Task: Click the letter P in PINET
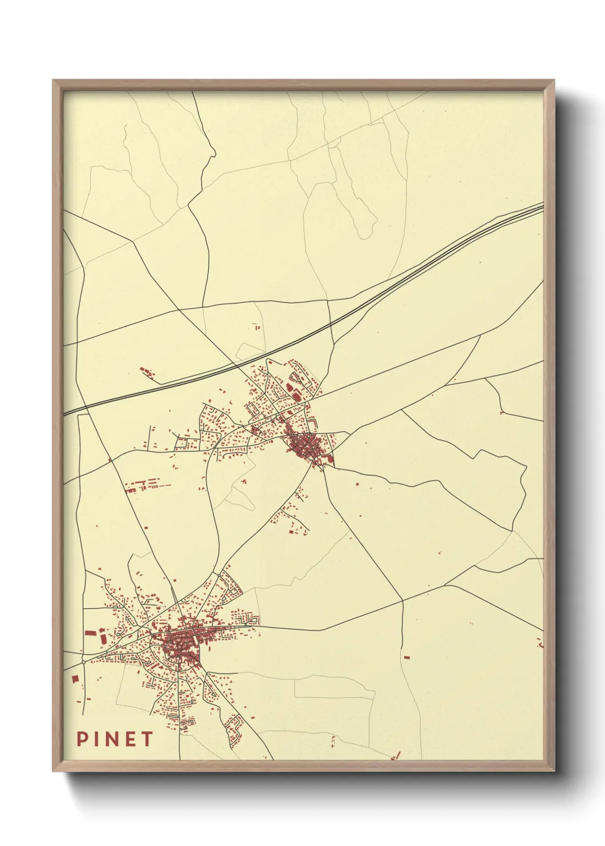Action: click(x=82, y=739)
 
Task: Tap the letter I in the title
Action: click(x=98, y=739)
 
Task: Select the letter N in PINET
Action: click(x=113, y=739)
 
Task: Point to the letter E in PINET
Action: click(x=130, y=739)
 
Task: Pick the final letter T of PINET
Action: click(x=147, y=739)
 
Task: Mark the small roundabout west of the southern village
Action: click(x=84, y=660)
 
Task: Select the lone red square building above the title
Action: click(x=75, y=678)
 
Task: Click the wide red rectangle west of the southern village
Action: click(x=89, y=633)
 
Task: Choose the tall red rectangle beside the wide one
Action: click(x=103, y=637)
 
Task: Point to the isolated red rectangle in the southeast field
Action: click(x=407, y=657)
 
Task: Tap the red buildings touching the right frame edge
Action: click(x=540, y=643)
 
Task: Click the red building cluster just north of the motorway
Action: click(x=148, y=373)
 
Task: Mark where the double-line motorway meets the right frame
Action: click(x=542, y=206)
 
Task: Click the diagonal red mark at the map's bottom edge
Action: click(x=397, y=756)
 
